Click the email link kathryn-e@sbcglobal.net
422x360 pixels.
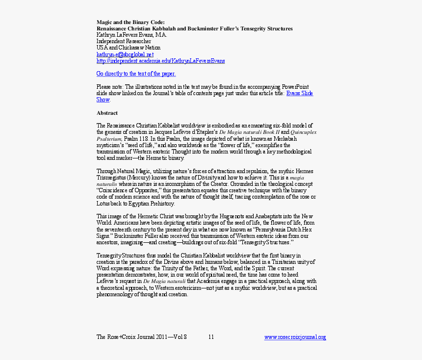125,54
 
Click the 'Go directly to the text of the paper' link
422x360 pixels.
136,74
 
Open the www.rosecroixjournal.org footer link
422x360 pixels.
295,337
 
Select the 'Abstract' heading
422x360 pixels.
107,113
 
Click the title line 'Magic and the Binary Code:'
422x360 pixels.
131,23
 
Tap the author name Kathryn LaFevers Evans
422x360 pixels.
132,35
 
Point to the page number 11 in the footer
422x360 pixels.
211,337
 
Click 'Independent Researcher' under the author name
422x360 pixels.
124,42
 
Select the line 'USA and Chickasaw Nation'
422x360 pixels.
128,48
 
